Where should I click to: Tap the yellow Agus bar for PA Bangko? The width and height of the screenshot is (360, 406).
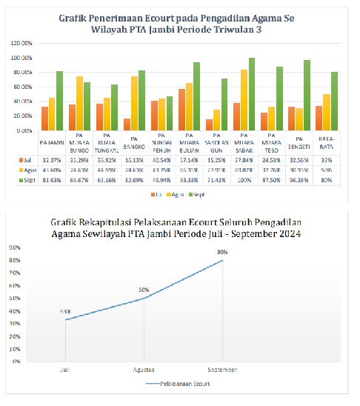click(135, 103)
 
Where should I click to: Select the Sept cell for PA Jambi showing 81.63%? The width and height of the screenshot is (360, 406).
click(52, 180)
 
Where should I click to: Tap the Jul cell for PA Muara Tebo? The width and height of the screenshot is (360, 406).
click(273, 159)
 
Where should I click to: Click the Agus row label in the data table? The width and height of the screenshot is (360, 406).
click(27, 170)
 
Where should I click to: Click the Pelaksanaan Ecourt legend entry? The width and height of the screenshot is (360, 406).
click(179, 385)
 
